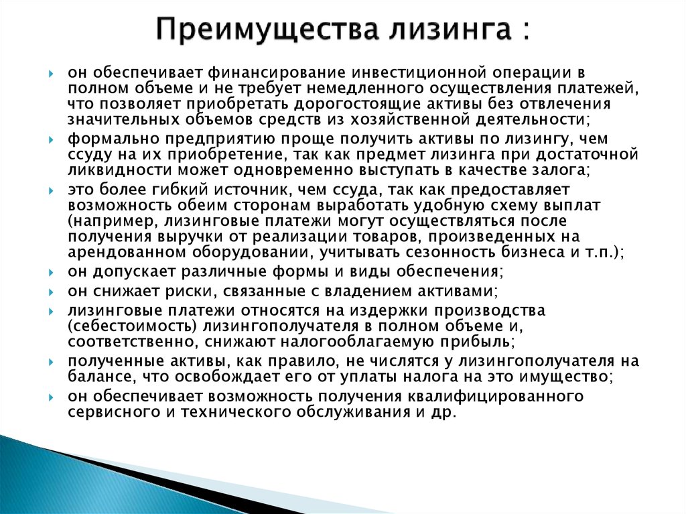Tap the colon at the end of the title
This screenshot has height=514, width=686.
tap(525, 31)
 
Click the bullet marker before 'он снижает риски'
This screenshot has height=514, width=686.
tap(51, 292)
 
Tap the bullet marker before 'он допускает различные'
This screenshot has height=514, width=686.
tap(51, 272)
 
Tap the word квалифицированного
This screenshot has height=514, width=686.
tap(495, 397)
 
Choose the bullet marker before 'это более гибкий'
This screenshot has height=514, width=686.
tap(51, 191)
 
